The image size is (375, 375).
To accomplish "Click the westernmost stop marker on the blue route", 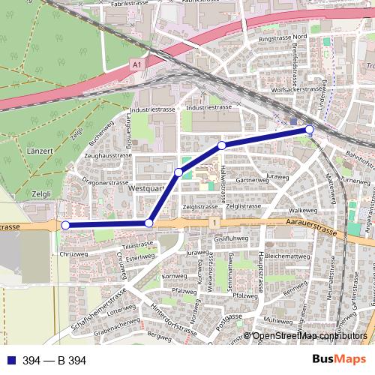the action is pos(65,225).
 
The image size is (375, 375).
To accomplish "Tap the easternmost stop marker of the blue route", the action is pos(310,130).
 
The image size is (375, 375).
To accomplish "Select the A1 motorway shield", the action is pos(136,66).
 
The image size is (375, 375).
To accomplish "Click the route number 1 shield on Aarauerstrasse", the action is pos(214,223).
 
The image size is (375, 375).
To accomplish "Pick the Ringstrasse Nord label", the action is pos(282,37).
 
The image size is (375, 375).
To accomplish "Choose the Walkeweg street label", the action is pos(293,211).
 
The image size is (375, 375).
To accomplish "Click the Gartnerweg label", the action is pos(252,181).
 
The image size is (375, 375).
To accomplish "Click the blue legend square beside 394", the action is pos(9,361).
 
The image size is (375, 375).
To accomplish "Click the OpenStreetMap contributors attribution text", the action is pos(309,336).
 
